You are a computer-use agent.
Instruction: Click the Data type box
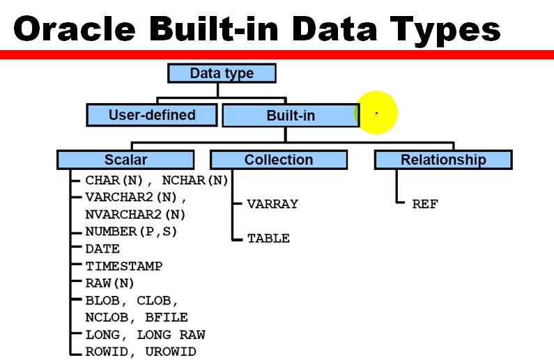222,73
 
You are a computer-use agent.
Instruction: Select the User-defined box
152,115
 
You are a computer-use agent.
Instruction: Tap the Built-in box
291,116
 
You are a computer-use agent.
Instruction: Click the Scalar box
125,159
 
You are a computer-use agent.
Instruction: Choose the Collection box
278,159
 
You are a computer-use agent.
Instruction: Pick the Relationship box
443,159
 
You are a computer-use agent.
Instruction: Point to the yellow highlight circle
376,113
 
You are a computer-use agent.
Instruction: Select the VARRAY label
272,204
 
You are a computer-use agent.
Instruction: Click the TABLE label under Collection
268,238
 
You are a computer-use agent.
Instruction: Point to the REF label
424,204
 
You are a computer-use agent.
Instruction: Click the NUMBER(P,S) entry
131,231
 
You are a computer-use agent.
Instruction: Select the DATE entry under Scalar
102,249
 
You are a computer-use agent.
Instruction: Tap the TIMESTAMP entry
124,266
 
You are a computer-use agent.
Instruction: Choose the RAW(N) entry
109,283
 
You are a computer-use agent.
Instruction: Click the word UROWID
171,352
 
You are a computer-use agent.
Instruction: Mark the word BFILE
166,318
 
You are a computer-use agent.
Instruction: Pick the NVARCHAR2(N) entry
135,214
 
